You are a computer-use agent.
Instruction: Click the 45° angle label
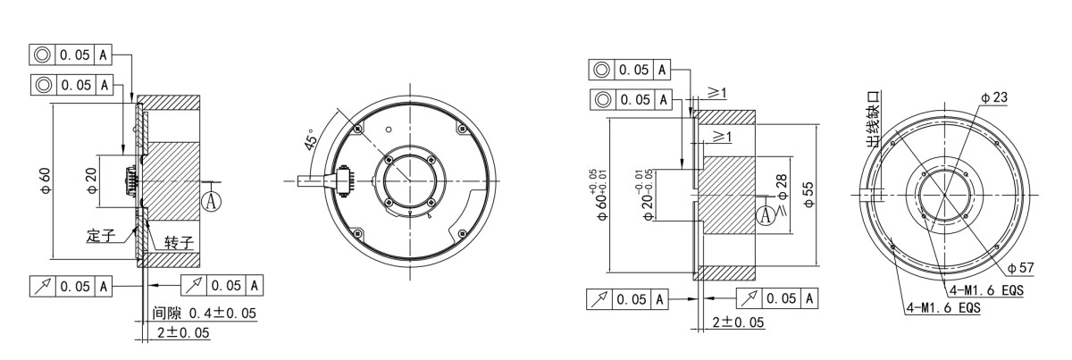tap(310, 139)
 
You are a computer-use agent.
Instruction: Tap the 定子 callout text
tap(101, 236)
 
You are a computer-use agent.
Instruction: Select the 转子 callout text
tap(179, 243)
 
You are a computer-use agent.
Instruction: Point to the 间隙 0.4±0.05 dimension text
tap(205, 314)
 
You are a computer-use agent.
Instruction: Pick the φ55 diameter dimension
tap(808, 195)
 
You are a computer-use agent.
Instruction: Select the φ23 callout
tap(993, 97)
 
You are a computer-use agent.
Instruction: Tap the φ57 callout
tap(1020, 268)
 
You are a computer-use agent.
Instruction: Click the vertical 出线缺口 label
tap(873, 119)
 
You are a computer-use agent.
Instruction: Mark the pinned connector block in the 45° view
tap(344, 181)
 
